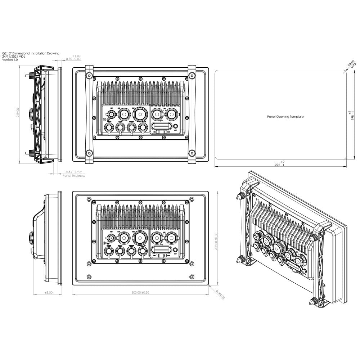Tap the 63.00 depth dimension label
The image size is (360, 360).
tap(48, 292)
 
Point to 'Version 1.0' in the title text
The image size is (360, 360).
tap(10, 60)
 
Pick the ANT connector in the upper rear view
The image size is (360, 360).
tap(175, 127)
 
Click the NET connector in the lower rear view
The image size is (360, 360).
tap(112, 238)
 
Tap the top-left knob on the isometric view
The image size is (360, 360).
tap(239, 197)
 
